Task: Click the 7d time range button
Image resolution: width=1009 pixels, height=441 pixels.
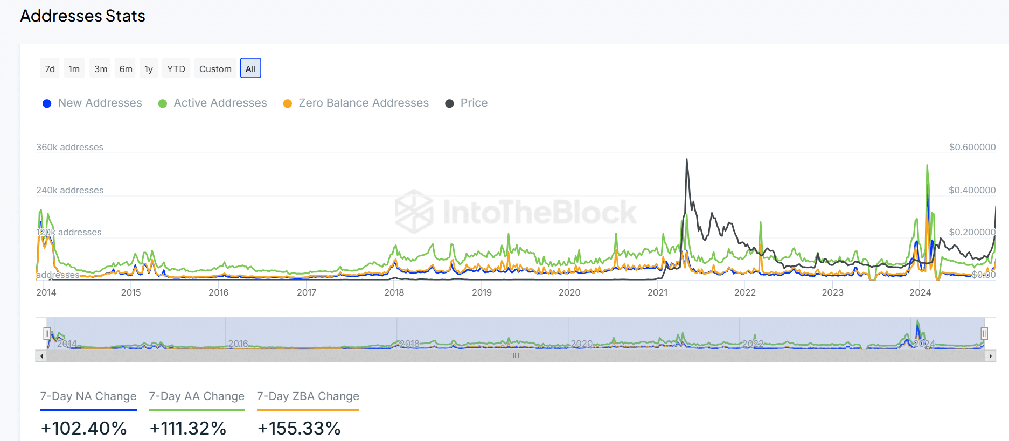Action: click(50, 68)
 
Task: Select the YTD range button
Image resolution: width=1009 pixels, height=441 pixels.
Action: click(176, 68)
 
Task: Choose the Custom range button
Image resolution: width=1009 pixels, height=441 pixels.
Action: click(215, 68)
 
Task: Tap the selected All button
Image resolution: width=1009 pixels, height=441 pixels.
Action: click(250, 68)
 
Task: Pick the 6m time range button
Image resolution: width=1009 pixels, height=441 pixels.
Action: click(126, 68)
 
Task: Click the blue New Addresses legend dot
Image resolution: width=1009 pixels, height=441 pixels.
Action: click(47, 103)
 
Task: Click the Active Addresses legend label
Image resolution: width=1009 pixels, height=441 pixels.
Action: click(220, 103)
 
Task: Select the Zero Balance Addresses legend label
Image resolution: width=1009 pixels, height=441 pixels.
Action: click(364, 103)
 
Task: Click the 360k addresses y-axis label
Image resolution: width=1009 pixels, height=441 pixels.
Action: click(69, 147)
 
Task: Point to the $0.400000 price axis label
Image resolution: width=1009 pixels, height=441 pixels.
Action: click(972, 190)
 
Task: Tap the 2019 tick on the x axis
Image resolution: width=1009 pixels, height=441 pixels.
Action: click(482, 292)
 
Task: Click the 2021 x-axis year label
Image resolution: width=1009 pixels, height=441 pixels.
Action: click(657, 292)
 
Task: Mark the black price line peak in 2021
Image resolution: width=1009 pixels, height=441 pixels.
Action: click(686, 159)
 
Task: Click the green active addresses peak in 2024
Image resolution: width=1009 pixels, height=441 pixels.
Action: click(927, 165)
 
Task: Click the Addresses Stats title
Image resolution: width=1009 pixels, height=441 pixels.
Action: click(82, 16)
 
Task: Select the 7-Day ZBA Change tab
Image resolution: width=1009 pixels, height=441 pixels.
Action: click(308, 396)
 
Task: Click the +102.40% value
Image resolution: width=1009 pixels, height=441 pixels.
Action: click(84, 428)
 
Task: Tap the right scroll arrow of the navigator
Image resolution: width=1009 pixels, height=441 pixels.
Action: click(990, 356)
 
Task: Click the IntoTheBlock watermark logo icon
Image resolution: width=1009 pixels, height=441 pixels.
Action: click(413, 211)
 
